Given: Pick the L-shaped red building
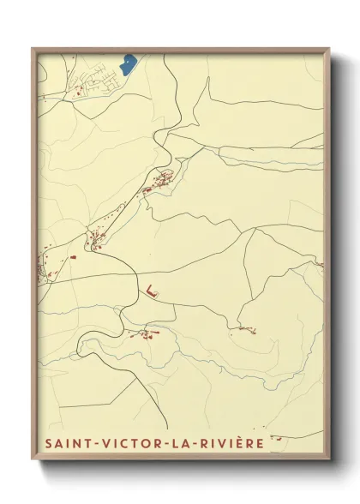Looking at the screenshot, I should coord(152,291).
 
